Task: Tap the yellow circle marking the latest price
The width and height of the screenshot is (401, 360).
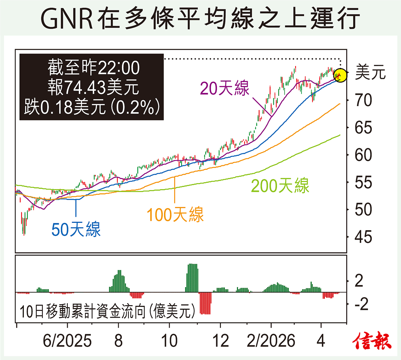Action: tap(340, 75)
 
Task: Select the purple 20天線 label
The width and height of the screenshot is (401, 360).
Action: tap(225, 88)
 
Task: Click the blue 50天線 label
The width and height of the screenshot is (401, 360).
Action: tap(76, 230)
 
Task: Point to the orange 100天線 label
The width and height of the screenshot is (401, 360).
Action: tap(175, 214)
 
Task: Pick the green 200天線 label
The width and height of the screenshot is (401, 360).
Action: tap(280, 186)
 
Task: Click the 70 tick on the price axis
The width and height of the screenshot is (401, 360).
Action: tap(363, 100)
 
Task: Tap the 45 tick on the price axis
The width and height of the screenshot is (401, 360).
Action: tap(363, 237)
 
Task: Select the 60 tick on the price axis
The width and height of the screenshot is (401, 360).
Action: tap(363, 155)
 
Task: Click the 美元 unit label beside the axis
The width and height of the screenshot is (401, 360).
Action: tap(370, 72)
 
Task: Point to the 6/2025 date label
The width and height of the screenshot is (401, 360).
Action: tap(67, 341)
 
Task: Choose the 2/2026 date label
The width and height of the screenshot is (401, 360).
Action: tap(271, 341)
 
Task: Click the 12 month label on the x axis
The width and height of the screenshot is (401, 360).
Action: tap(221, 341)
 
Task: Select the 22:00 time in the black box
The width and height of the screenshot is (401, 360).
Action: tap(119, 68)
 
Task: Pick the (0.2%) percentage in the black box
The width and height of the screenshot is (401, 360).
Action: tap(135, 107)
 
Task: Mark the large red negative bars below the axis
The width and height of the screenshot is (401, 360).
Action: tap(205, 303)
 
